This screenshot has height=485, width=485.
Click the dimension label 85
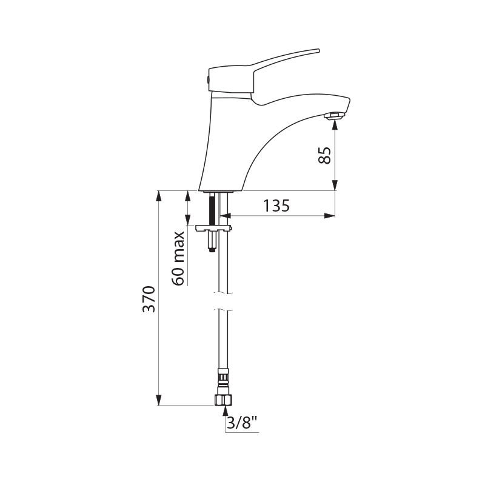(325, 156)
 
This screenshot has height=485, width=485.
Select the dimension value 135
(276, 206)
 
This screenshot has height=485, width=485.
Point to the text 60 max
(178, 258)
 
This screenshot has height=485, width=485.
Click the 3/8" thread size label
(242, 423)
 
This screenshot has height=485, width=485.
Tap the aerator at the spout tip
(334, 115)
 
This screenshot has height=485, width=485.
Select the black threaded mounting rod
(211, 210)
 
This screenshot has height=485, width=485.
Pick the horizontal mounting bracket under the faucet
(213, 229)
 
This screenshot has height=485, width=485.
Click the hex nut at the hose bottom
(223, 400)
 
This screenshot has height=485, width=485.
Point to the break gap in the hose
(223, 301)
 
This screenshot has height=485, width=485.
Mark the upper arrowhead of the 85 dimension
(335, 124)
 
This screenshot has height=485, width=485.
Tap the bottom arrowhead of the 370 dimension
(159, 401)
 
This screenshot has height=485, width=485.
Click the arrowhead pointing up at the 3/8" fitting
(223, 412)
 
